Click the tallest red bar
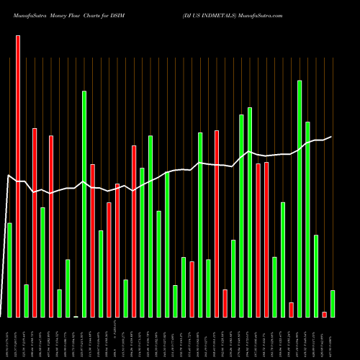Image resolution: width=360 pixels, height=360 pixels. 18,176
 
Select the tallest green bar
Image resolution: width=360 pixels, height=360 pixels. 300,199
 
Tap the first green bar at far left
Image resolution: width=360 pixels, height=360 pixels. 9,270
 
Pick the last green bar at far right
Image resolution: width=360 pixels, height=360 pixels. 333,303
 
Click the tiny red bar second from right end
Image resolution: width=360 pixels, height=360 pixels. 325,314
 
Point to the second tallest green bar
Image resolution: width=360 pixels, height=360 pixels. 84,204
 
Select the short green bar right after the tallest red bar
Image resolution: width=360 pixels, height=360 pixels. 26,300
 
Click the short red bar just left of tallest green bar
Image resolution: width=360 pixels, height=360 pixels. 292,310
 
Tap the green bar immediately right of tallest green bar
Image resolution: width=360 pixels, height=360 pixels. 308,219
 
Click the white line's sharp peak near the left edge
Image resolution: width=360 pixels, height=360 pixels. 9,176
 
